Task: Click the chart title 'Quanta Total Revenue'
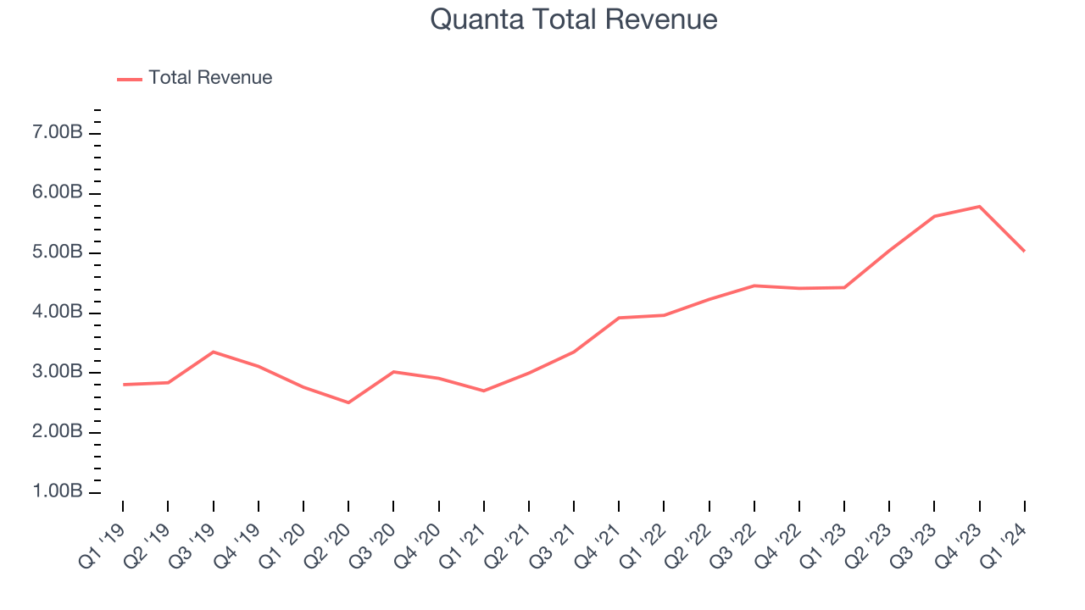(x=574, y=19)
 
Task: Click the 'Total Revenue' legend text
(x=210, y=78)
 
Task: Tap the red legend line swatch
(x=130, y=79)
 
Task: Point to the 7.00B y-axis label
(x=58, y=134)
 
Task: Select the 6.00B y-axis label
(x=58, y=193)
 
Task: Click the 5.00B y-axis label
(x=58, y=253)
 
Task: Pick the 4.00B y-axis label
(x=58, y=313)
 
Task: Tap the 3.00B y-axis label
(x=58, y=373)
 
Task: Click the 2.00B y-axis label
(x=58, y=432)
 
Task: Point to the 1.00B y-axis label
(x=58, y=492)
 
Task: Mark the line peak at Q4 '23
(x=979, y=207)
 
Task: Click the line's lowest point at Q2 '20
(x=348, y=402)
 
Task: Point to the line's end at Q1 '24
(x=1024, y=251)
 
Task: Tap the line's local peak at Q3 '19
(x=213, y=352)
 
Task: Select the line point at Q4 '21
(x=619, y=318)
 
